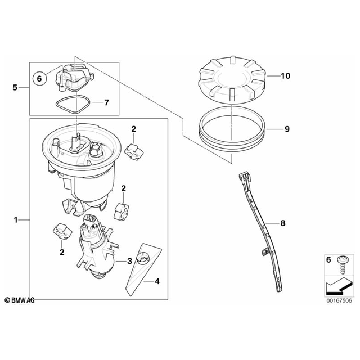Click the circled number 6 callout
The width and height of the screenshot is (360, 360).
[39, 79]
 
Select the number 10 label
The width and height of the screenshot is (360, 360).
[286, 76]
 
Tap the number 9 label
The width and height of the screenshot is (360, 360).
[287, 129]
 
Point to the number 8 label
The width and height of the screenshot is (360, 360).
[283, 223]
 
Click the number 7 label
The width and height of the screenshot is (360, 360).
[106, 102]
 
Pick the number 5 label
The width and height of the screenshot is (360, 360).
[15, 88]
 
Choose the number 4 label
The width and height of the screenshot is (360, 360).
[157, 281]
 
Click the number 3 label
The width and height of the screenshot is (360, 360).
[129, 261]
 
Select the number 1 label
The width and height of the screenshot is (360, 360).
[16, 220]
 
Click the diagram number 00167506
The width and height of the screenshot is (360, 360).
[339, 300]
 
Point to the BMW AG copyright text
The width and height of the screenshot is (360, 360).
[20, 300]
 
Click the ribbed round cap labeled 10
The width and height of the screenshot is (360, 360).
[232, 79]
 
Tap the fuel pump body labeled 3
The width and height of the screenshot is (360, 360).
[96, 248]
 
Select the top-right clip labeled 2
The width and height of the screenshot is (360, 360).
[134, 151]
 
